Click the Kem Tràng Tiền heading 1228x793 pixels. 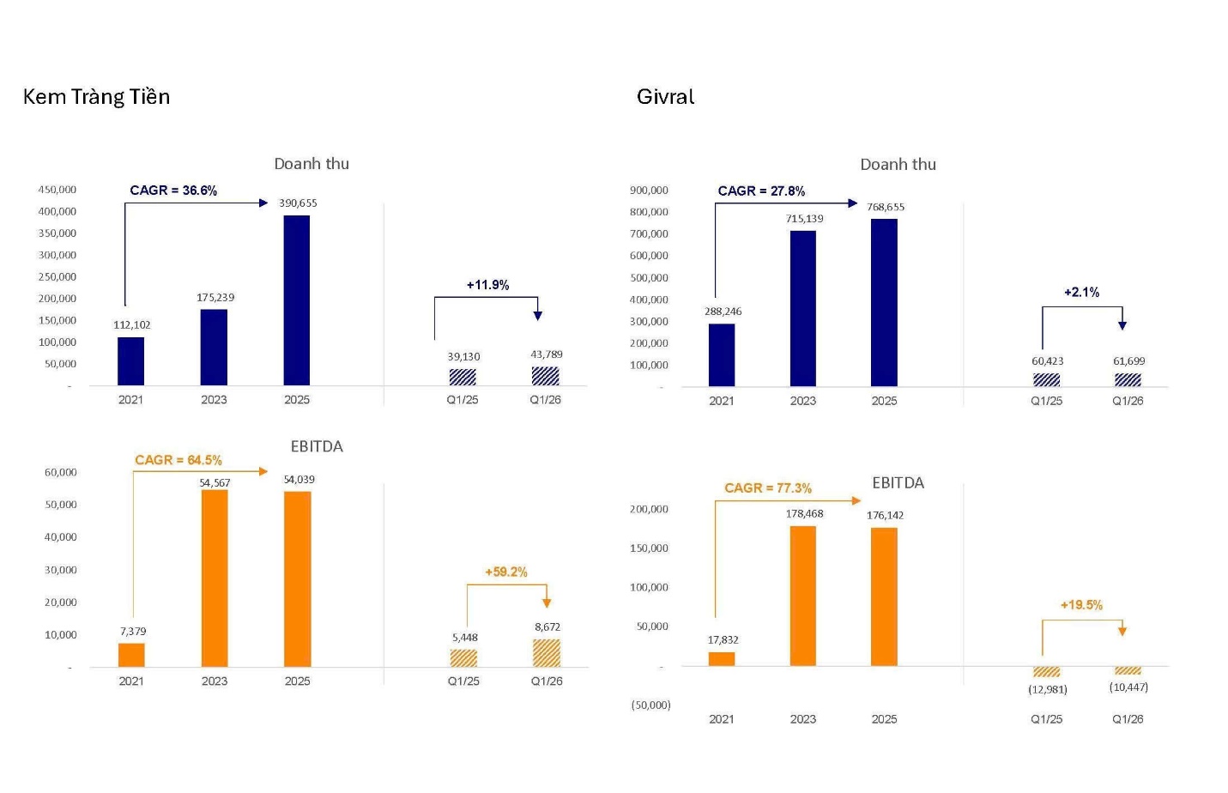pos(96,97)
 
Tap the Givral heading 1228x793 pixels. pos(665,97)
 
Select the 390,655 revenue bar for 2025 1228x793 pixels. pos(297,300)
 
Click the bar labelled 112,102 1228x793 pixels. pos(130,361)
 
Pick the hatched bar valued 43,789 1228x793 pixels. pos(545,376)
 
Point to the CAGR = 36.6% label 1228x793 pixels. pos(173,191)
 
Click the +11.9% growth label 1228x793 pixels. pos(487,285)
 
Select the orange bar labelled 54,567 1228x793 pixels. pos(215,578)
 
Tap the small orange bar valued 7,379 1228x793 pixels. pos(131,655)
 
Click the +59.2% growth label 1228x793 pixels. pos(506,572)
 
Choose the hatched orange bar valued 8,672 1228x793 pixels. pos(547,653)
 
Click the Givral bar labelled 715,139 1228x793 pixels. pos(803,308)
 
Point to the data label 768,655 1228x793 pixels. pos(886,207)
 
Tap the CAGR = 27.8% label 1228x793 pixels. pos(761,191)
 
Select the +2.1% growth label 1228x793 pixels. pos(1081,293)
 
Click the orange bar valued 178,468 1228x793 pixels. pos(803,596)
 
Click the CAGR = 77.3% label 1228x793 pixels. pos(768,488)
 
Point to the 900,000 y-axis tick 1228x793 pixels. pos(649,191)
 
